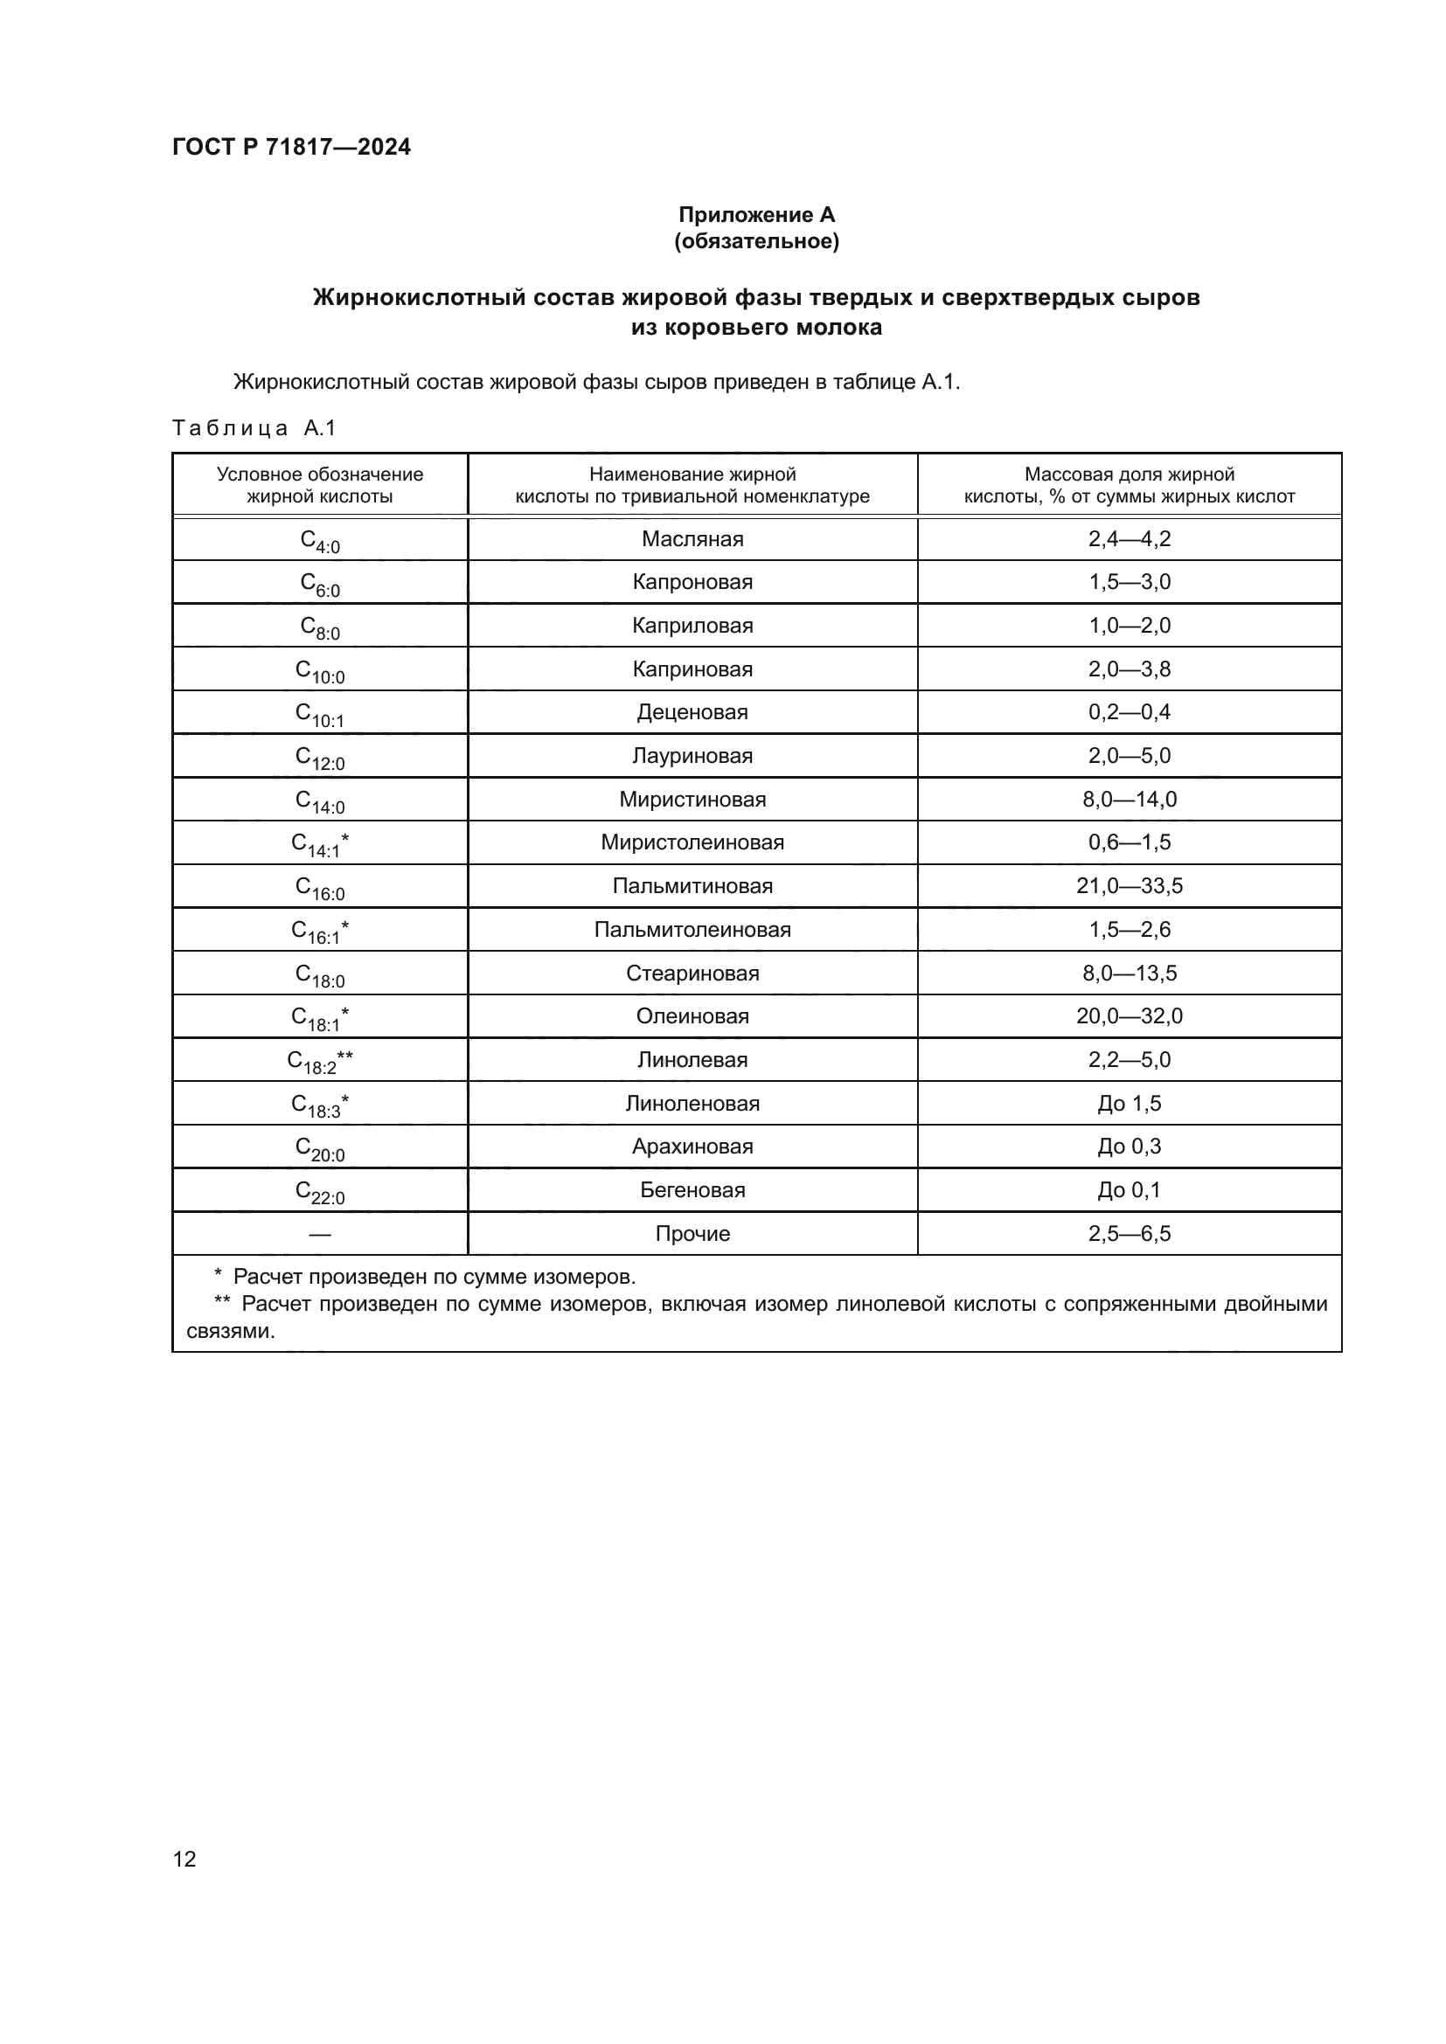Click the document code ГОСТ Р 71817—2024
click(291, 147)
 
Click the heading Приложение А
click(756, 215)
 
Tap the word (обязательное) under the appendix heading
click(756, 241)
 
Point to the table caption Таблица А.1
click(254, 428)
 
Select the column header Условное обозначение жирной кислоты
click(320, 485)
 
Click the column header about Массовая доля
click(1129, 485)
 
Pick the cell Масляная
click(692, 538)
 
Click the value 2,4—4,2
click(1129, 538)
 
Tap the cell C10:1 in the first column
click(320, 714)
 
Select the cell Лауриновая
click(692, 756)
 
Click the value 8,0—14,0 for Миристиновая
click(1129, 800)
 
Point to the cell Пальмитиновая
click(692, 886)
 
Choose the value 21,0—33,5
click(1129, 886)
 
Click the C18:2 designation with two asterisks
click(320, 1060)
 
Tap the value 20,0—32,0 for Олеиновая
click(1129, 1015)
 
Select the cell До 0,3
click(1129, 1147)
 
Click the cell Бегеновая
click(692, 1190)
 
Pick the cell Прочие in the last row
click(692, 1234)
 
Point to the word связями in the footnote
click(231, 1332)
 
